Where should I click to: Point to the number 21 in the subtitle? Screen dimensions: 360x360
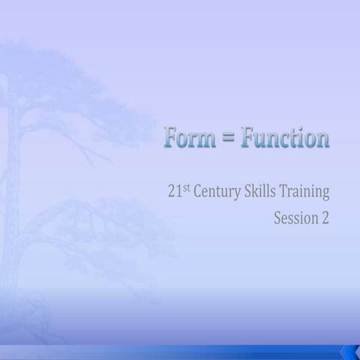(175, 193)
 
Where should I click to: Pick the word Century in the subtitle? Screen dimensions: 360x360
(218, 194)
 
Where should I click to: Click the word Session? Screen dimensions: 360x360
(297, 220)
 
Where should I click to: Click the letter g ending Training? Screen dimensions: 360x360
(325, 196)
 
